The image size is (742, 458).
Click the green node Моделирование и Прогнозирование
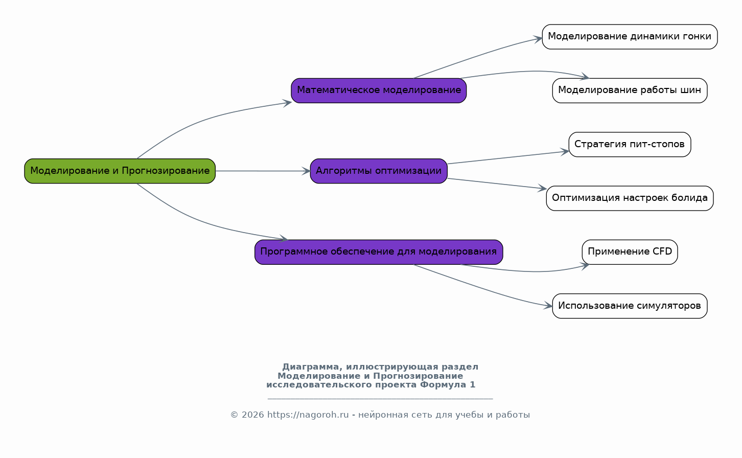pyautogui.click(x=120, y=171)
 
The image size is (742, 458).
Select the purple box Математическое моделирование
pyautogui.click(x=379, y=90)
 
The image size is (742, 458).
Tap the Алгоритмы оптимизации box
pyautogui.click(x=379, y=171)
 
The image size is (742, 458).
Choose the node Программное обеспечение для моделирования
pyautogui.click(x=379, y=252)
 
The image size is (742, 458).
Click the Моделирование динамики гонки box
pyautogui.click(x=630, y=37)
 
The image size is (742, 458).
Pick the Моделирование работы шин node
pyautogui.click(x=630, y=90)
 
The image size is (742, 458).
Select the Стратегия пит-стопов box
pyautogui.click(x=630, y=145)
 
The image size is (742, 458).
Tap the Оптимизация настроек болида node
pyautogui.click(x=630, y=198)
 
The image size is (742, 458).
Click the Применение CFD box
pyautogui.click(x=630, y=252)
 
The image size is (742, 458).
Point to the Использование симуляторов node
pyautogui.click(x=630, y=306)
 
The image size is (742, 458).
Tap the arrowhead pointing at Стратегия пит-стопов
pyautogui.click(x=565, y=152)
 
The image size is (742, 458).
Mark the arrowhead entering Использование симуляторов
pyautogui.click(x=548, y=306)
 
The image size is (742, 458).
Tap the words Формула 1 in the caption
pyautogui.click(x=448, y=385)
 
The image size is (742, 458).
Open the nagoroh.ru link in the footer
pyautogui.click(x=308, y=415)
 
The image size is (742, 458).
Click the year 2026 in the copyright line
pyautogui.click(x=253, y=415)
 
